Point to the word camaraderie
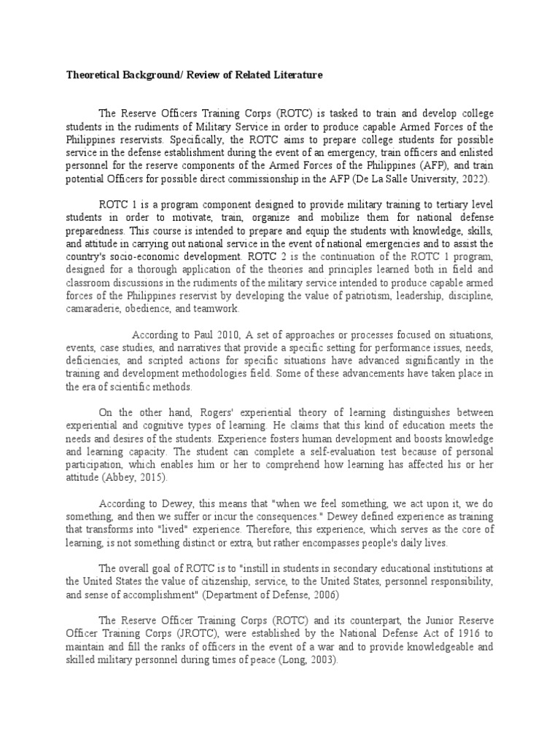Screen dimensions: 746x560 pyautogui.click(x=92, y=309)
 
